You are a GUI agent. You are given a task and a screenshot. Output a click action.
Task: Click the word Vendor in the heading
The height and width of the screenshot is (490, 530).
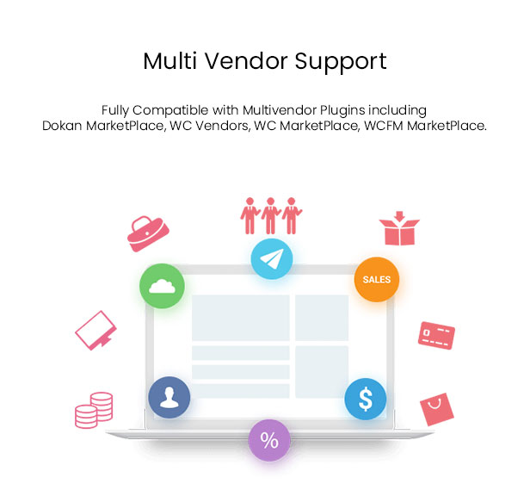[246, 61]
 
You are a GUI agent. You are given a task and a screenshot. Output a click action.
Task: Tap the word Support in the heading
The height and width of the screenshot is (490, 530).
[341, 62]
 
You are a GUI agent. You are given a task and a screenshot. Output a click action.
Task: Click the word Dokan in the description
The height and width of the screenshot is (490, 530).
[62, 126]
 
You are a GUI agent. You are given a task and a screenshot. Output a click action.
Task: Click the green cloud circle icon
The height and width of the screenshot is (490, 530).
[163, 286]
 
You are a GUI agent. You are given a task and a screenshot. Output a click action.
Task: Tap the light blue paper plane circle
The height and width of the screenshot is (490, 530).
[272, 259]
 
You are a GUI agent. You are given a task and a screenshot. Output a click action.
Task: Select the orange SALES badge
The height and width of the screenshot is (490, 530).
[377, 279]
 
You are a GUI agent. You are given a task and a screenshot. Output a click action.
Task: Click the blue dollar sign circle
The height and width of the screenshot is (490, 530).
[366, 399]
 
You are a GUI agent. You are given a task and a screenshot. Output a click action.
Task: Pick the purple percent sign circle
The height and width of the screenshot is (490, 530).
[269, 440]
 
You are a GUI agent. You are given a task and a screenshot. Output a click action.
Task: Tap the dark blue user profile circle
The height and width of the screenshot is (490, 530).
[169, 397]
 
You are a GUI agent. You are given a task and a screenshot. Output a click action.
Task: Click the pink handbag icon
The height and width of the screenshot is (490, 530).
[148, 233]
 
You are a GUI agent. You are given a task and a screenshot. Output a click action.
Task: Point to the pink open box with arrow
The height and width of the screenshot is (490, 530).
[399, 228]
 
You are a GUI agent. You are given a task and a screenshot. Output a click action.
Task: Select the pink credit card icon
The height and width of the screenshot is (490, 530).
[436, 335]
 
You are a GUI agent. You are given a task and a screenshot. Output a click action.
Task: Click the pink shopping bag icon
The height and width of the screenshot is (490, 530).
[437, 409]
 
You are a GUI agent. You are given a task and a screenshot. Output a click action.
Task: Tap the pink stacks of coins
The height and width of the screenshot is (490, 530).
[94, 410]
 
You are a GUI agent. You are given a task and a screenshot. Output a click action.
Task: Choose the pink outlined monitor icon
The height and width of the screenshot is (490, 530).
[96, 331]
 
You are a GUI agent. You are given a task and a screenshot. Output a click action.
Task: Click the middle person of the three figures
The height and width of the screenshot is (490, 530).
[270, 216]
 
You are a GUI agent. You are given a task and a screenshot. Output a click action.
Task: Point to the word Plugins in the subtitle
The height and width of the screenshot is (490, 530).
[342, 110]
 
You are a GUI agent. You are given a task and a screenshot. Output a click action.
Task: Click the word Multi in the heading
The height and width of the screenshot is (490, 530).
[170, 61]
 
